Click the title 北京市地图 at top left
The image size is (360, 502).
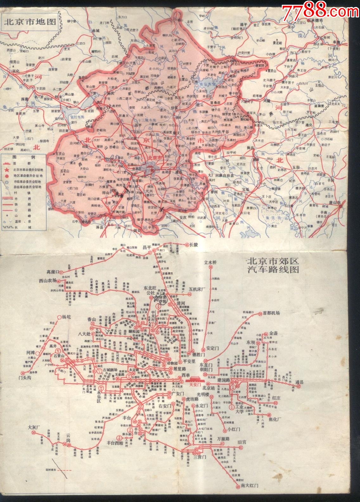coord(29,22)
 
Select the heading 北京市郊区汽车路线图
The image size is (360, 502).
coord(273,266)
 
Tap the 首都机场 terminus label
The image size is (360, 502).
coord(271,313)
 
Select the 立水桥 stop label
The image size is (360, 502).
coord(210,262)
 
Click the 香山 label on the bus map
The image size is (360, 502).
coord(92,319)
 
